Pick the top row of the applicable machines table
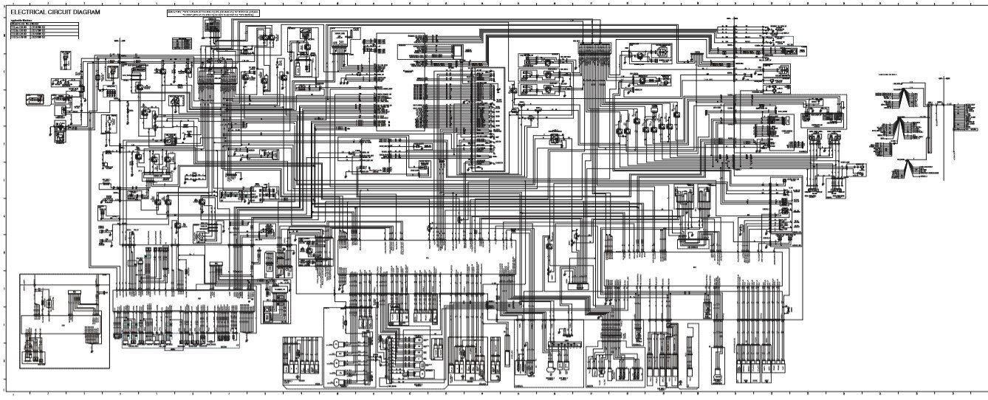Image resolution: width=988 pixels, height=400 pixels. pyautogui.click(x=44, y=25)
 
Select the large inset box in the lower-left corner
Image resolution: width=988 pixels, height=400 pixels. pyautogui.click(x=64, y=320)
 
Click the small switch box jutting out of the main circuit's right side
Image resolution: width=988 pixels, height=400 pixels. pyautogui.click(x=860, y=168)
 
